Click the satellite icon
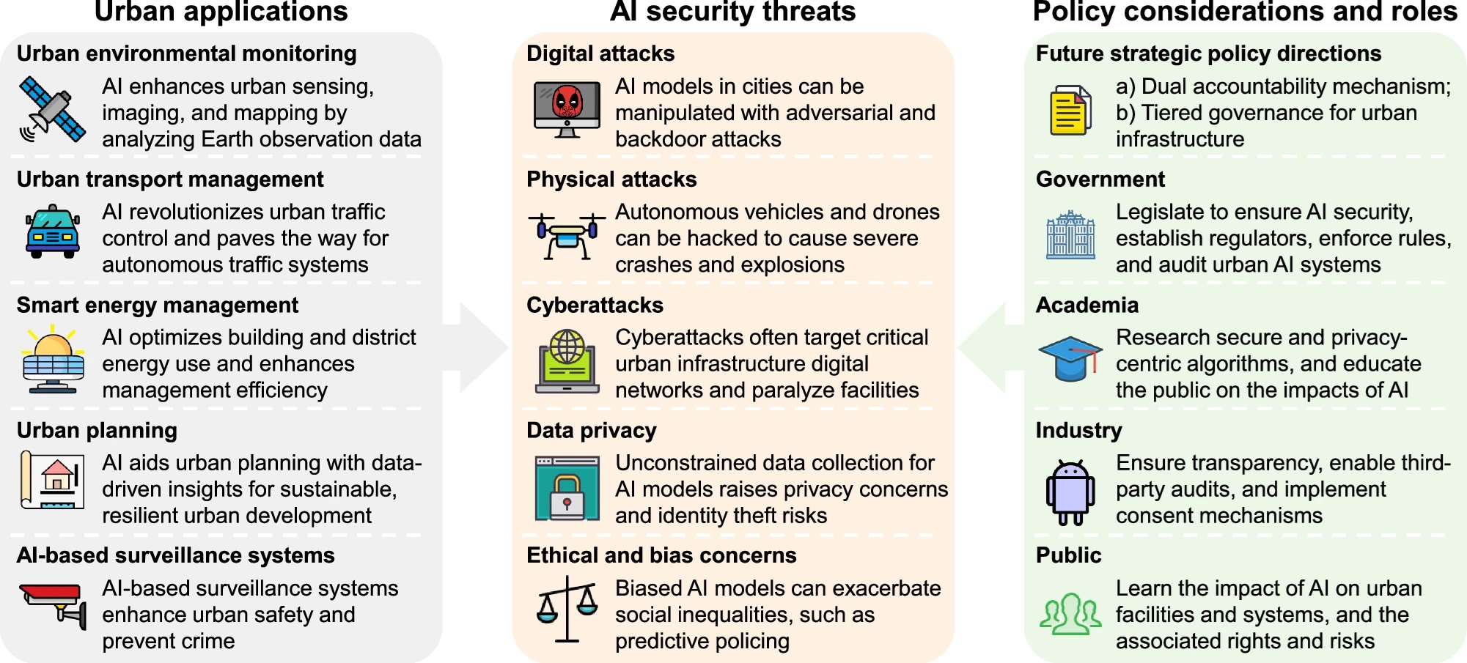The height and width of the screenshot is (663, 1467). tap(52, 110)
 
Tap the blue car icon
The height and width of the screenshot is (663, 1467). tap(53, 232)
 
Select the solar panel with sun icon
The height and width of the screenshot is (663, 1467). tap(54, 359)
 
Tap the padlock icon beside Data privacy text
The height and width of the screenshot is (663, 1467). tap(567, 488)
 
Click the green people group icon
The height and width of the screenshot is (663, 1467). tap(1070, 614)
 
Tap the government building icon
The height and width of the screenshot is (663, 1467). tap(1070, 234)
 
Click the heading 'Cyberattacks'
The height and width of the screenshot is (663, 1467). tap(595, 305)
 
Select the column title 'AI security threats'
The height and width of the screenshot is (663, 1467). tap(733, 11)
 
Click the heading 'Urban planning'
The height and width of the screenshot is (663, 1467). tap(97, 430)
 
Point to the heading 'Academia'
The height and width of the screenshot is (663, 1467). tap(1087, 305)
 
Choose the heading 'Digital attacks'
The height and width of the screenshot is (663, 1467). tap(600, 53)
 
